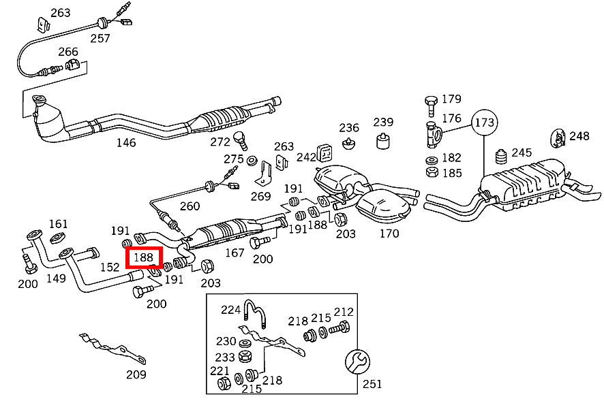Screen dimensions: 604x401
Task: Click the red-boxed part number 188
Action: click(144, 257)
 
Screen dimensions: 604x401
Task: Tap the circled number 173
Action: click(485, 123)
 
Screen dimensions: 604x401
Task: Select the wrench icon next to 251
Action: click(357, 362)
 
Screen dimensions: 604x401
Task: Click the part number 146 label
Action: click(126, 143)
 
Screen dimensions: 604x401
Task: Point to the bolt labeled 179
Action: click(431, 106)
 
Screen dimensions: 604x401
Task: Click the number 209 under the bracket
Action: click(136, 374)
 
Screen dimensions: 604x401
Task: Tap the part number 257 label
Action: click(100, 38)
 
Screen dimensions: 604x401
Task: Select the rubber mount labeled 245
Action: click(501, 156)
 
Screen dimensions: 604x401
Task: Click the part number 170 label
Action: click(389, 234)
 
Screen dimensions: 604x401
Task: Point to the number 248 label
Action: click(579, 136)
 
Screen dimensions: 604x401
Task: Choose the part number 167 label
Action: click(235, 253)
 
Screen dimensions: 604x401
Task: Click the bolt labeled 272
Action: click(241, 140)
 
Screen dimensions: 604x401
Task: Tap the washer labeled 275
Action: click(252, 160)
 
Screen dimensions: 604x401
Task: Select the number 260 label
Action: click(190, 206)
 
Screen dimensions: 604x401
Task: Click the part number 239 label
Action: click(383, 122)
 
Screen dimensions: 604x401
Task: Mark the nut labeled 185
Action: click(432, 172)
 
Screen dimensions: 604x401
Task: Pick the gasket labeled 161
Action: click(57, 238)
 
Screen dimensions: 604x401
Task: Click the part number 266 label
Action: click(68, 52)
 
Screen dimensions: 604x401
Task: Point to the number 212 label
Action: click(344, 311)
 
